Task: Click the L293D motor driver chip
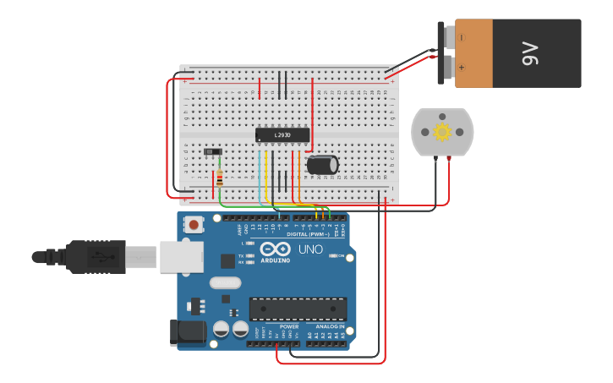[282, 134]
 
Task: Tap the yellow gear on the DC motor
[442, 132]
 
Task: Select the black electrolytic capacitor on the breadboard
[323, 164]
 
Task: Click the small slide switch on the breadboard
[213, 152]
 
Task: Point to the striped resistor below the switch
[220, 178]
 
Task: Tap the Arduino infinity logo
[275, 249]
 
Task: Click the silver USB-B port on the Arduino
[182, 255]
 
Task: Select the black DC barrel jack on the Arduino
[187, 332]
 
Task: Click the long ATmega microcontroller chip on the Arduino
[298, 309]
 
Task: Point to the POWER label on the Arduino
[289, 326]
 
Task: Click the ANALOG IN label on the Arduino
[331, 326]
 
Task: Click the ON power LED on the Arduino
[333, 255]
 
